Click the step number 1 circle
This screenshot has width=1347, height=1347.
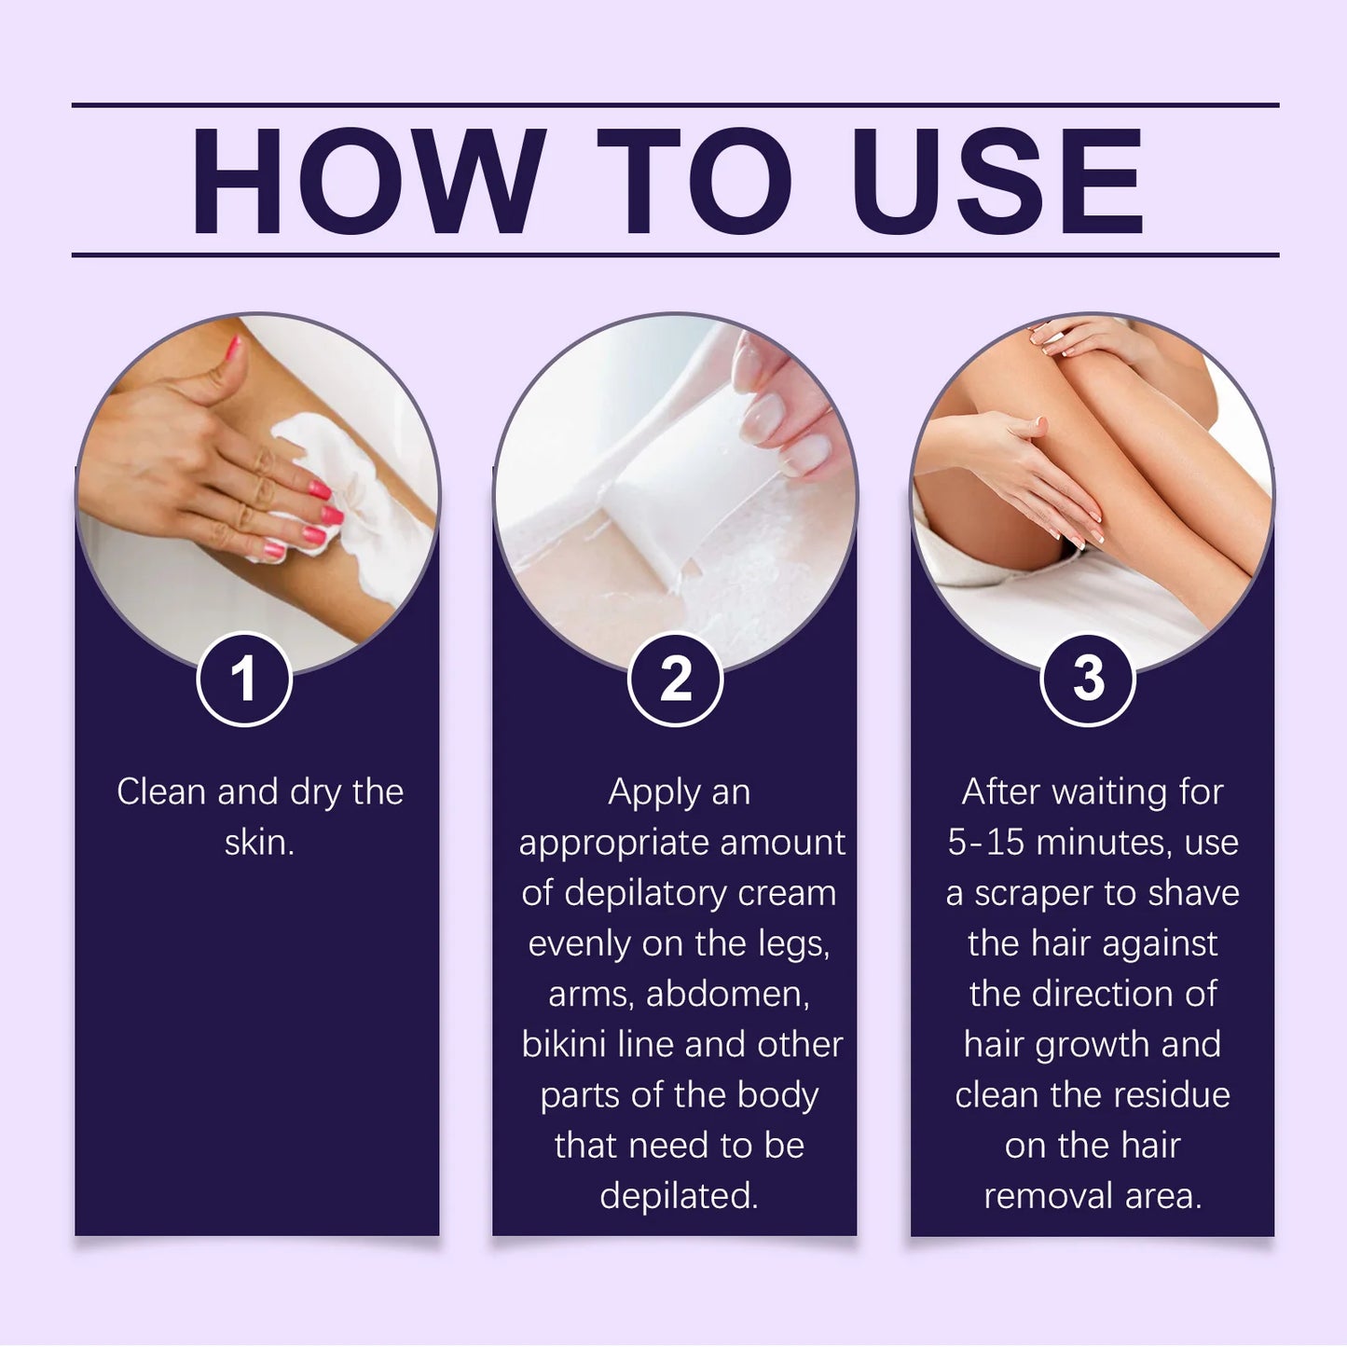pos(244,679)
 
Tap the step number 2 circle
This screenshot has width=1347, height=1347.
pos(676,679)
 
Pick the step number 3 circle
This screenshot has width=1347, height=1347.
pos(1088,679)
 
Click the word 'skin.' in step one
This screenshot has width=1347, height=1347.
pos(259,843)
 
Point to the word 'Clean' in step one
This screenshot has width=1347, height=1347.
pos(161,792)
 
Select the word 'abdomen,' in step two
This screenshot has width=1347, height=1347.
pos(728,994)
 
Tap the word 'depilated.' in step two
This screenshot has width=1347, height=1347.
pos(679,1196)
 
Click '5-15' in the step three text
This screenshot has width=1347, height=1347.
pos(986,843)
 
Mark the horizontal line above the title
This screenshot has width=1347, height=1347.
pos(675,105)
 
